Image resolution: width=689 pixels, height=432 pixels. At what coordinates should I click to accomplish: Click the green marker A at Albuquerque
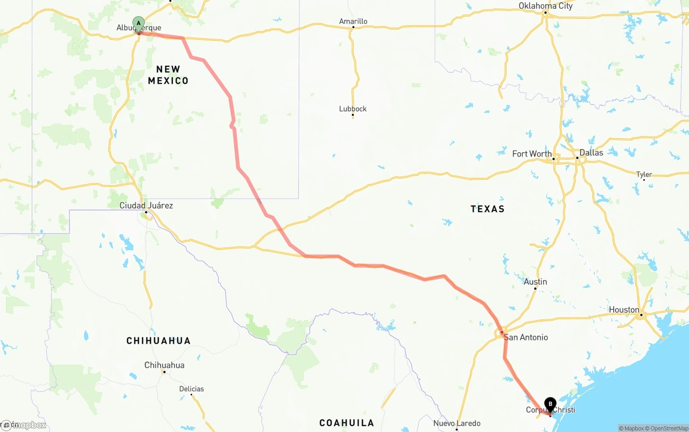point(139,24)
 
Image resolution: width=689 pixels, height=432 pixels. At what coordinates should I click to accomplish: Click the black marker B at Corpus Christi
point(550,403)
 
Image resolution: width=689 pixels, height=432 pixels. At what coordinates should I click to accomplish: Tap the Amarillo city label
point(353,22)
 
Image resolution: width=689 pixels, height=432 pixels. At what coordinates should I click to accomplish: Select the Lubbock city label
point(353,109)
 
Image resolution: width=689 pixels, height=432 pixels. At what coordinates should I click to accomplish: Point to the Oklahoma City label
point(545,6)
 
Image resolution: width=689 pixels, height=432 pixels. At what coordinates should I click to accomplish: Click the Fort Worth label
point(532,154)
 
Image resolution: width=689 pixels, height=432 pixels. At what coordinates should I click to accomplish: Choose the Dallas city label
point(591,153)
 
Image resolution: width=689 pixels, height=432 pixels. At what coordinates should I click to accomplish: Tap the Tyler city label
point(644,174)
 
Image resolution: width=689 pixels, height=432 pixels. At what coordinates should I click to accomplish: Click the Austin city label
point(535,282)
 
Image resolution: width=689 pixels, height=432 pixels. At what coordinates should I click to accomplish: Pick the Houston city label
point(624,310)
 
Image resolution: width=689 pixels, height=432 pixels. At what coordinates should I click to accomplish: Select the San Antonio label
point(526,337)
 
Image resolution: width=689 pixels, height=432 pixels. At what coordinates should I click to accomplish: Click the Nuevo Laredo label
point(456,423)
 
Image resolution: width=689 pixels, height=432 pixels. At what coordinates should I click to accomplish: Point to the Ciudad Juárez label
point(146,206)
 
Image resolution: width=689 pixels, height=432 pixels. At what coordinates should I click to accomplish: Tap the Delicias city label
point(192,389)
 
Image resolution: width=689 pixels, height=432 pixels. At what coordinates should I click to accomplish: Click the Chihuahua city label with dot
point(164,365)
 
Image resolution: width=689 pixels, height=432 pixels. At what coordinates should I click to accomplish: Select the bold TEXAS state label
point(487,209)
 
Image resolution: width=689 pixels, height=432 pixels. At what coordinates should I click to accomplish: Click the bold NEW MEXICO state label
point(168,75)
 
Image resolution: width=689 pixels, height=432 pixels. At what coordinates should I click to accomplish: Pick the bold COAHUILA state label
point(347,423)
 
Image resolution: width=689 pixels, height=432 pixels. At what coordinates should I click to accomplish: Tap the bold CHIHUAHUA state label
point(158,341)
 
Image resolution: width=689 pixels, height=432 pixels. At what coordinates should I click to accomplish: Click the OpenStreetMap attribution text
point(667,428)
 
